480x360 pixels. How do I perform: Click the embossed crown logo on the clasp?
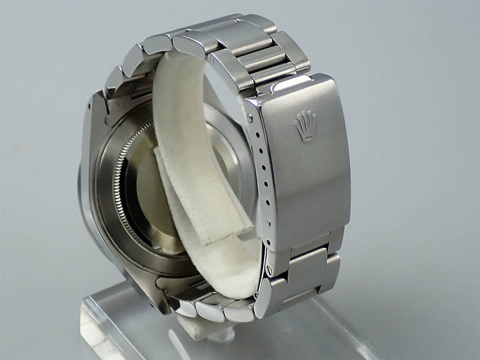click(305, 125)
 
